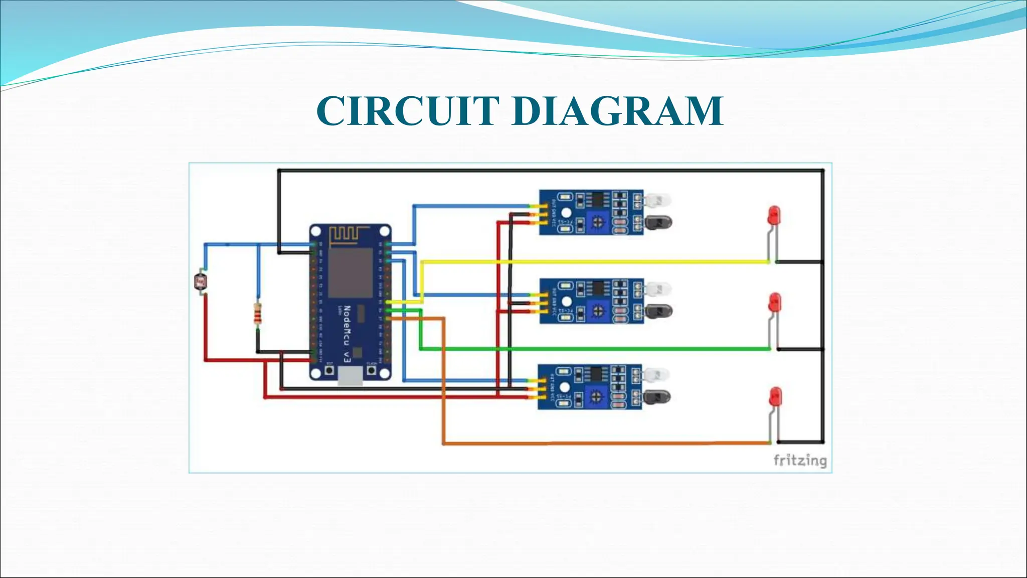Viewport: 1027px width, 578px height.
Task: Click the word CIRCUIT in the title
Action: pos(407,111)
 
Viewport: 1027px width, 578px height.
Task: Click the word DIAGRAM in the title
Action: pos(618,111)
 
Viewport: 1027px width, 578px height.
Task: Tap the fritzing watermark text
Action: pos(799,460)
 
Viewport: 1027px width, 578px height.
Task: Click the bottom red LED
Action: pos(775,396)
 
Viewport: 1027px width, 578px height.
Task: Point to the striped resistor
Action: pos(258,315)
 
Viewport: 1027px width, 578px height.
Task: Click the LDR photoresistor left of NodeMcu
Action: pos(201,282)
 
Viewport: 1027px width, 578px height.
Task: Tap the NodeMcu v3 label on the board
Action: pos(347,333)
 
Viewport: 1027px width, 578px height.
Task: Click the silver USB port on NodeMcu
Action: pos(350,376)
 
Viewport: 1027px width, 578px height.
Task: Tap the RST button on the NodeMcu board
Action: pos(329,370)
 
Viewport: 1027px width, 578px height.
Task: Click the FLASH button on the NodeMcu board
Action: pos(372,370)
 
